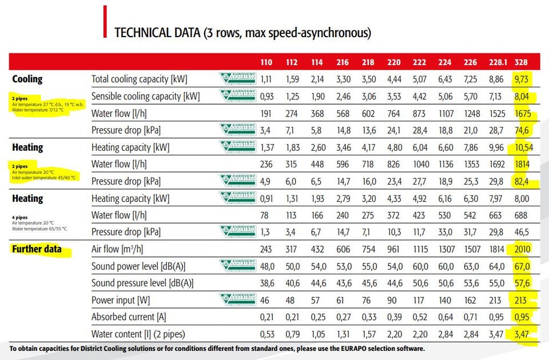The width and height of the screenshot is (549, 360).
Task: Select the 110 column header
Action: [x=267, y=61]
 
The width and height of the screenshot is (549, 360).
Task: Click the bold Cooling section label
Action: [x=27, y=79]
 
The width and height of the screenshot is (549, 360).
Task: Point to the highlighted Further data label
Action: [x=36, y=249]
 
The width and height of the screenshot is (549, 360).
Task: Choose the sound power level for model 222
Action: [x=420, y=266]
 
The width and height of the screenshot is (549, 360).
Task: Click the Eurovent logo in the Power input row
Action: [x=238, y=300]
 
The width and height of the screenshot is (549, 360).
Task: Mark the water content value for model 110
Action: [x=266, y=334]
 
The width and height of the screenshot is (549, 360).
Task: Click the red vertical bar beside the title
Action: [x=105, y=22]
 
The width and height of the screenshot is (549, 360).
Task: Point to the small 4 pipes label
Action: [x=19, y=217]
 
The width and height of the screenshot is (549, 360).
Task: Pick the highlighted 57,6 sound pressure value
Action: [x=521, y=283]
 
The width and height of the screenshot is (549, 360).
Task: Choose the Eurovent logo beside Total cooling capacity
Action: [x=238, y=79]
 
